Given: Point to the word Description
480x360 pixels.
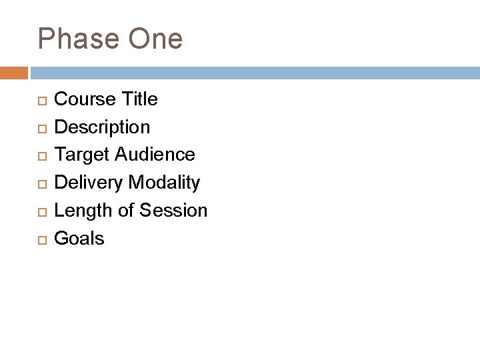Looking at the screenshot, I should coord(102,127).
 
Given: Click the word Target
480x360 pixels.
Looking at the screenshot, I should coord(82,155).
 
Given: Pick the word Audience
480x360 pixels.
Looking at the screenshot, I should coord(155,155).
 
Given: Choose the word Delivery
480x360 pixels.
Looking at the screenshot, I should coord(90,182).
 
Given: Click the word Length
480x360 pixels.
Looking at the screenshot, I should coord(83,211).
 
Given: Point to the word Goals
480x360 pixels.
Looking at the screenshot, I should coord(79,238).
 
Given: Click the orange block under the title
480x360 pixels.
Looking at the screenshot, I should coord(14,72).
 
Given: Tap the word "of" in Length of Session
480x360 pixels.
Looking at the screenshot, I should coord(125,211).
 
